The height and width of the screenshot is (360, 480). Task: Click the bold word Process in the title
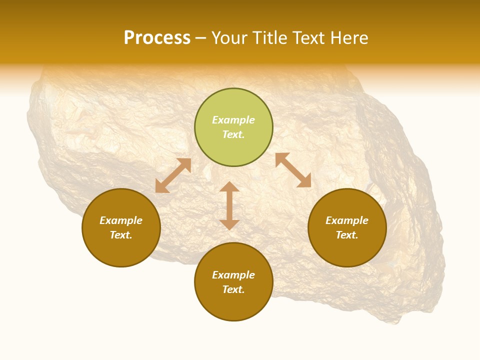click(x=157, y=38)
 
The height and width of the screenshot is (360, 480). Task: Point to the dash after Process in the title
click(x=201, y=38)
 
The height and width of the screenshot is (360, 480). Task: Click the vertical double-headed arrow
click(x=229, y=205)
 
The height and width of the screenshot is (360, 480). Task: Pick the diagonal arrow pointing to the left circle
click(x=173, y=175)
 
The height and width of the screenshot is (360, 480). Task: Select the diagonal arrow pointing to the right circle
click(x=293, y=170)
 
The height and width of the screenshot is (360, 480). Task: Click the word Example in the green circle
click(x=233, y=120)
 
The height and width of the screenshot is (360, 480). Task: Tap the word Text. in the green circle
click(x=233, y=134)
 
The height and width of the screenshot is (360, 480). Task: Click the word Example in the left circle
click(x=121, y=220)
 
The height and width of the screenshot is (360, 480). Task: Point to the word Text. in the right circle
click(x=347, y=235)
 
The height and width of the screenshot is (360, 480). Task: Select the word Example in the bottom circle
click(x=233, y=275)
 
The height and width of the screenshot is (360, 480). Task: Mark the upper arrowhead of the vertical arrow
click(x=229, y=187)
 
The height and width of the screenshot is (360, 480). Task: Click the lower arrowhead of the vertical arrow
click(x=229, y=224)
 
